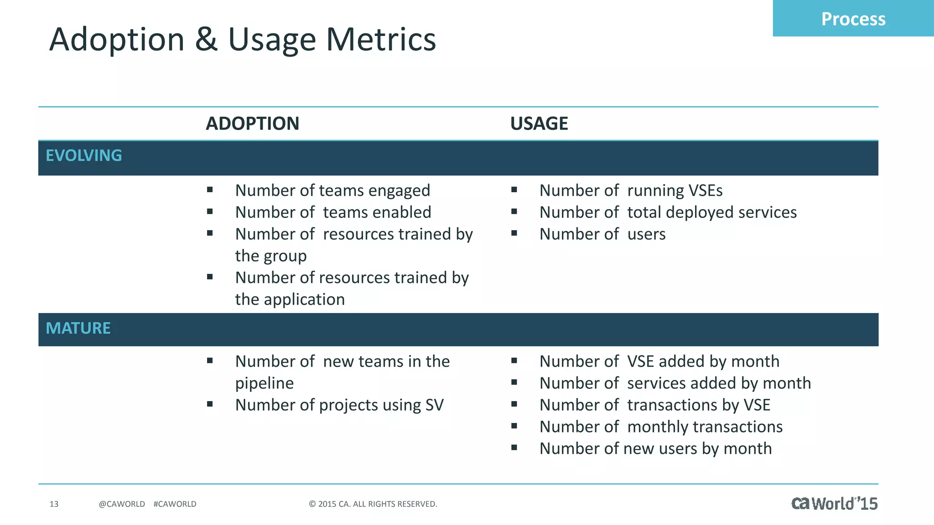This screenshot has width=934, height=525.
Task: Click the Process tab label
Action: pos(853,19)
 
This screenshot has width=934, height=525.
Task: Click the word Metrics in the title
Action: pos(381,40)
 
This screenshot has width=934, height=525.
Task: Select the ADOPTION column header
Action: pos(252,124)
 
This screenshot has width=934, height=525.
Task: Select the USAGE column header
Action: pos(539,124)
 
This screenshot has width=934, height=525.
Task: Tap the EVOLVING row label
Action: pos(84,155)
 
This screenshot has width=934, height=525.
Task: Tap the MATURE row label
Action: pos(78,328)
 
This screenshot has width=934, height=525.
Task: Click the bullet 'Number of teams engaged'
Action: pos(332,190)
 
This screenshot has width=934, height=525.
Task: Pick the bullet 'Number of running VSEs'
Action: pos(630,190)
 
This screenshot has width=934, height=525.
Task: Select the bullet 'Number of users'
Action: pos(602,234)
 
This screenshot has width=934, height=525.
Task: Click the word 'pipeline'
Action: pos(264,383)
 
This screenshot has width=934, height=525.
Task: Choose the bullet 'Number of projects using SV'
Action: pos(339,405)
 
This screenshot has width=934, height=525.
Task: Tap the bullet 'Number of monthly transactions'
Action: pos(660,427)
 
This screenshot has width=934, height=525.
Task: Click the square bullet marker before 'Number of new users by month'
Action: pos(514,448)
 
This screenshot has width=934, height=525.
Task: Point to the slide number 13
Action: pos(54,504)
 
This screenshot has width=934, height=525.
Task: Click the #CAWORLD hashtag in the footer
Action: pos(175,504)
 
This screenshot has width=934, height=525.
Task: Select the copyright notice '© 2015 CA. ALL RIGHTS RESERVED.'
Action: pos(373,504)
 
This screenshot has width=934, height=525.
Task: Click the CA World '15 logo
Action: pos(834,503)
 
